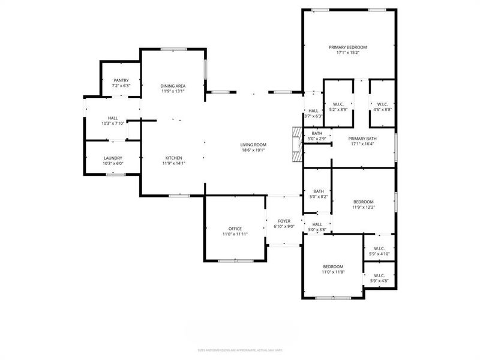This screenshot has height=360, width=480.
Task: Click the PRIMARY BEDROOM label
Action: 347,47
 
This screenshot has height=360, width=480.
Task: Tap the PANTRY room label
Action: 121,80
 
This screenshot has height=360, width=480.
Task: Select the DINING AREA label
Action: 172,86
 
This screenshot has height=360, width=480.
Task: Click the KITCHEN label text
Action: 174,158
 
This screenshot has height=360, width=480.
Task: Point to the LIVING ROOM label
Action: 253,145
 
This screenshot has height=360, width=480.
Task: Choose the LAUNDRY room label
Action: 113,158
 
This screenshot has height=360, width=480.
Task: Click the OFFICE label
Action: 235,229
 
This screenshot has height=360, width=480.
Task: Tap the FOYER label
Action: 284,221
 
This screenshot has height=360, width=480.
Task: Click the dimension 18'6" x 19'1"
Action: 253,151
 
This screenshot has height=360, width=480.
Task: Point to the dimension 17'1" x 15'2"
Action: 347,53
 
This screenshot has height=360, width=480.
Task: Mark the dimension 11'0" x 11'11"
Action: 235,235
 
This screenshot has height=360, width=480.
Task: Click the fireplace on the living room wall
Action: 296,145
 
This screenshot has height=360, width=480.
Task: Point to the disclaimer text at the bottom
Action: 240,350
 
